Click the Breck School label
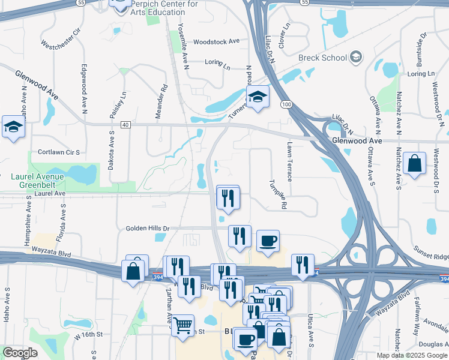pyautogui.click(x=322, y=58)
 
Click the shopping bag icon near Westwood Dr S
pyautogui.click(x=415, y=163)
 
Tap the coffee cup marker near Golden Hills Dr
pyautogui.click(x=268, y=241)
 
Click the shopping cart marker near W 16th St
pyautogui.click(x=182, y=325)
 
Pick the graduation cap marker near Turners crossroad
pyautogui.click(x=258, y=97)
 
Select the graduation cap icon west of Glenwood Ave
pyautogui.click(x=13, y=127)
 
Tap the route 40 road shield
pyautogui.click(x=125, y=124)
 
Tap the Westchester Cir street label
pyautogui.click(x=60, y=38)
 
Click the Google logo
pyautogui.click(x=20, y=352)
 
